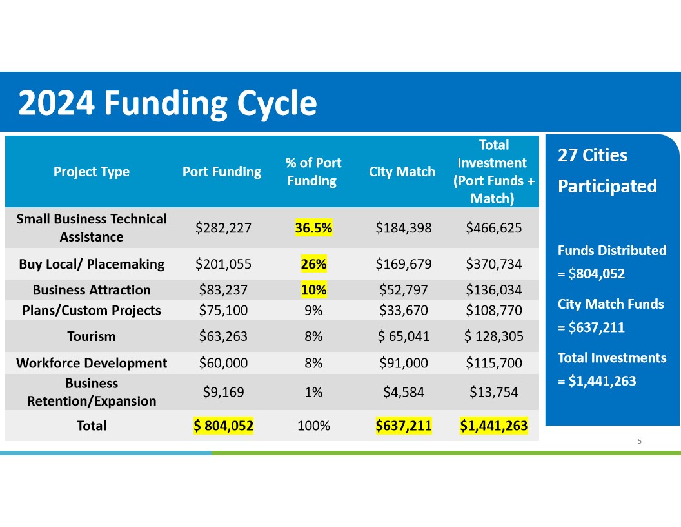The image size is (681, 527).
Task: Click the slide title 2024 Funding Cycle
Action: pos(168,103)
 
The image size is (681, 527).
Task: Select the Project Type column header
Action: pos(92,172)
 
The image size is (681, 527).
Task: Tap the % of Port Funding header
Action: pos(313,172)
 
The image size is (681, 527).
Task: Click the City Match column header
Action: pos(402,172)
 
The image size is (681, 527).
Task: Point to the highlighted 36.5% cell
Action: pos(313,227)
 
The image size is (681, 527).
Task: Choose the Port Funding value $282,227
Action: pos(222,227)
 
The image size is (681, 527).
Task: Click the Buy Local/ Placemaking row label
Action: pos(92,263)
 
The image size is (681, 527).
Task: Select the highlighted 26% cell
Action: pos(313,263)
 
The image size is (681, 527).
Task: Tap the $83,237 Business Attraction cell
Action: pos(222,289)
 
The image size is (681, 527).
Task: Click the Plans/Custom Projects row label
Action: pos(92,310)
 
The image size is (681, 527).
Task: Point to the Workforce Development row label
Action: pos(92,363)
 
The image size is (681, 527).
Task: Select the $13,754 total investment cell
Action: pos(494,392)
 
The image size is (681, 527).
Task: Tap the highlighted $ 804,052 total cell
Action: pos(223,426)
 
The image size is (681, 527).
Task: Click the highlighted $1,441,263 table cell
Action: pos(494,426)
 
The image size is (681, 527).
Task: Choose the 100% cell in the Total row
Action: pos(313,426)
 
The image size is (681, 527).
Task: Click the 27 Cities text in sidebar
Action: pos(592,156)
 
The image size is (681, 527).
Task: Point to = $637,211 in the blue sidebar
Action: pos(591,327)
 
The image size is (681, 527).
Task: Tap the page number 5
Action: pos(639,441)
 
